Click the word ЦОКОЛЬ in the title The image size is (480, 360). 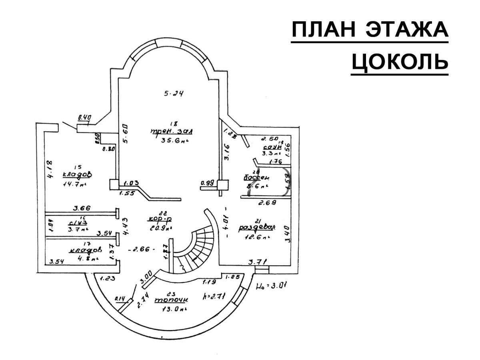pos(400,61)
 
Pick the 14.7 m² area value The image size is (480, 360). pos(75,184)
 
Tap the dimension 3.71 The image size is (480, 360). pos(257,262)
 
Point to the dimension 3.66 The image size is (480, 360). pos(82,208)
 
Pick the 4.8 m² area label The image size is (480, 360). pos(84,259)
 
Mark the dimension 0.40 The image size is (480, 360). pos(85,118)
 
